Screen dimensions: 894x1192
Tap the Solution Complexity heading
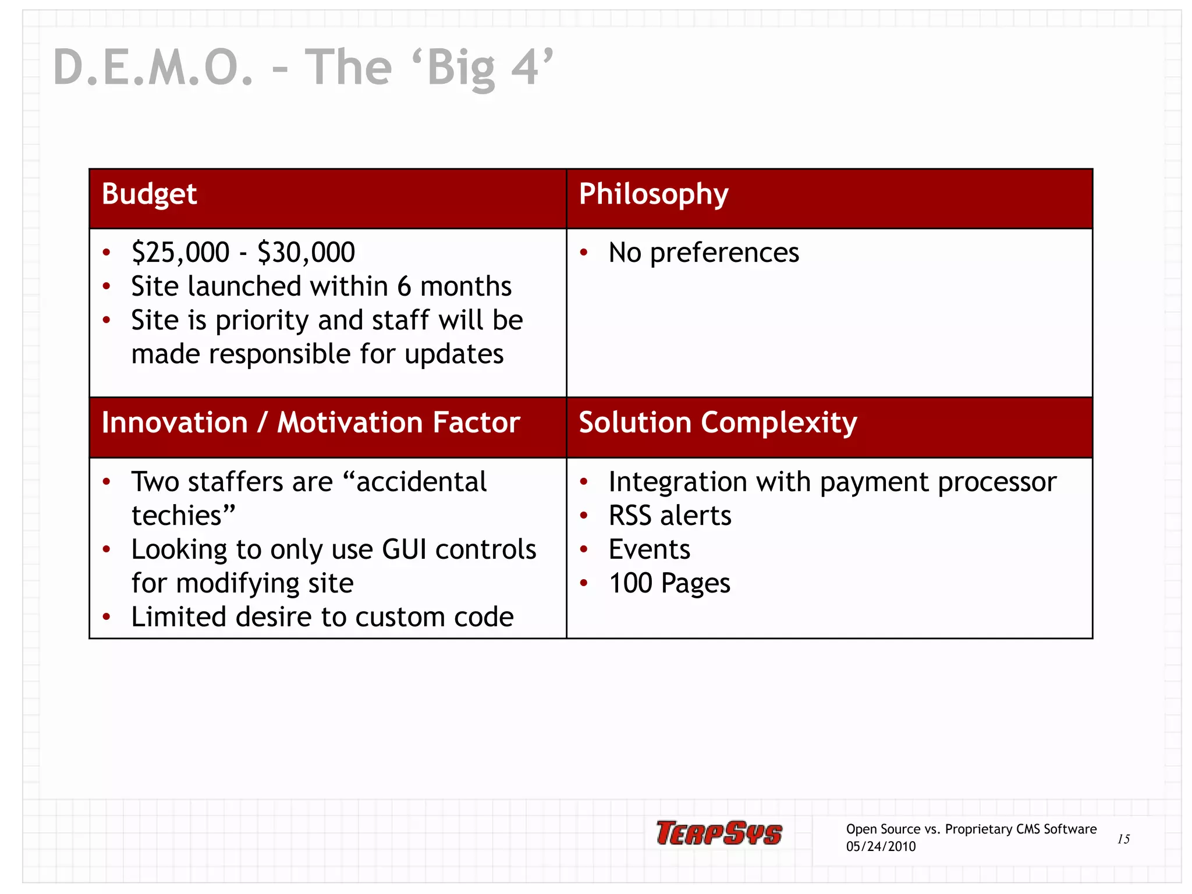click(x=717, y=423)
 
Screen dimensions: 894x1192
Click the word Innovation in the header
click(x=175, y=423)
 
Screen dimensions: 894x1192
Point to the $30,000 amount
click(x=306, y=253)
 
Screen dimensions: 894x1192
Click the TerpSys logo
click(x=719, y=833)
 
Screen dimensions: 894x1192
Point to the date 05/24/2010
click(x=881, y=847)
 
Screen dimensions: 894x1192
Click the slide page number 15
click(x=1123, y=839)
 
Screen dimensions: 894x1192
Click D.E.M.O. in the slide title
click(x=153, y=68)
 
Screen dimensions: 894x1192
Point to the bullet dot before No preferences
click(x=584, y=253)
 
